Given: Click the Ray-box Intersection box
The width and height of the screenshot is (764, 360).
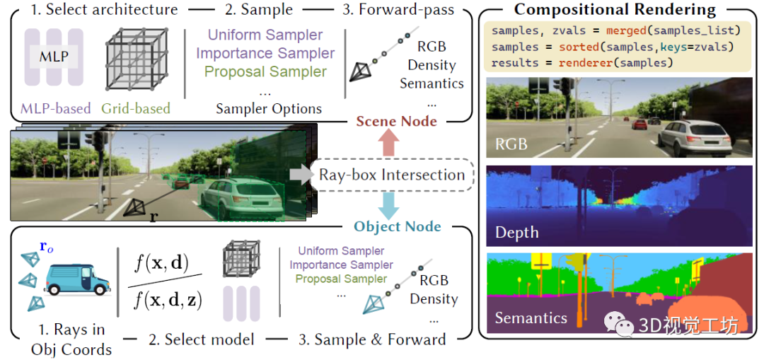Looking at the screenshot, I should pos(392,175).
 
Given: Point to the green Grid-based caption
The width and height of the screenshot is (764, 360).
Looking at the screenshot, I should pos(137,109).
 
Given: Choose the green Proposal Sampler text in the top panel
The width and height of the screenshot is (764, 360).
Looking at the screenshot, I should pos(265,71).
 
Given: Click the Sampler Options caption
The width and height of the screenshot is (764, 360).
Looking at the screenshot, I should pos(269,109).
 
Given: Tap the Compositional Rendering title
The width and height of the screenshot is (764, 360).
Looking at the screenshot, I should pos(615,10).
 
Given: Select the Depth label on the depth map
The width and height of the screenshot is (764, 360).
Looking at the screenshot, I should pos(517,233).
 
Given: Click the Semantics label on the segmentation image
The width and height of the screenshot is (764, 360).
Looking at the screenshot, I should pos(531,318).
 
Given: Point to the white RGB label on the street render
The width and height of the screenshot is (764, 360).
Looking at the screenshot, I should pos(511,144).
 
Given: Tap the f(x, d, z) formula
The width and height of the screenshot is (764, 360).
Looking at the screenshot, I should pos(168,301).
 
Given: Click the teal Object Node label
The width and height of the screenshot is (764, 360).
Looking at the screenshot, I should pos(398,227).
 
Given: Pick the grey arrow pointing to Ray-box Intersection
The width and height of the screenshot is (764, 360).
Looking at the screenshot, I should pos(300,174).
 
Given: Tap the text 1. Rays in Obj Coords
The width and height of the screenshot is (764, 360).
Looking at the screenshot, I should pos(71,339).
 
